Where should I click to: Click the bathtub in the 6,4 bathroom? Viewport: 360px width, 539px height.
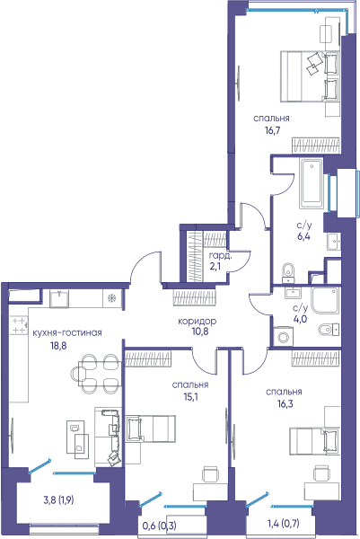click(312, 183)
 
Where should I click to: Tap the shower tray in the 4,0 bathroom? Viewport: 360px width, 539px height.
click(326, 300)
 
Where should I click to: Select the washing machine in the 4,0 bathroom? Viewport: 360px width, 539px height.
click(284, 336)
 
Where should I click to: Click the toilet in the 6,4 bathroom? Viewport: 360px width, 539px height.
click(288, 273)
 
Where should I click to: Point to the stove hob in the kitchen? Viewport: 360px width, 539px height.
click(19, 325)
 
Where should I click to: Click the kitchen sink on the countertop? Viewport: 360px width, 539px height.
click(59, 298)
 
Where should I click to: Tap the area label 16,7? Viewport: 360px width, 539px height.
click(271, 130)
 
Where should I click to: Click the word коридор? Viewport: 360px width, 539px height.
click(197, 321)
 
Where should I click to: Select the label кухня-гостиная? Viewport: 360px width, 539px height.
click(67, 332)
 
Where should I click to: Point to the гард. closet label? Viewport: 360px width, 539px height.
click(220, 256)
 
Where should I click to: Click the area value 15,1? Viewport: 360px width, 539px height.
click(190, 397)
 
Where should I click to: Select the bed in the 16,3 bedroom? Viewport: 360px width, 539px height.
click(314, 441)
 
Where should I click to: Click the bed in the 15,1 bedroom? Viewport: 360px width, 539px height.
click(151, 428)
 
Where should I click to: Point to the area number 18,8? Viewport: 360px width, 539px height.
click(58, 346)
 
